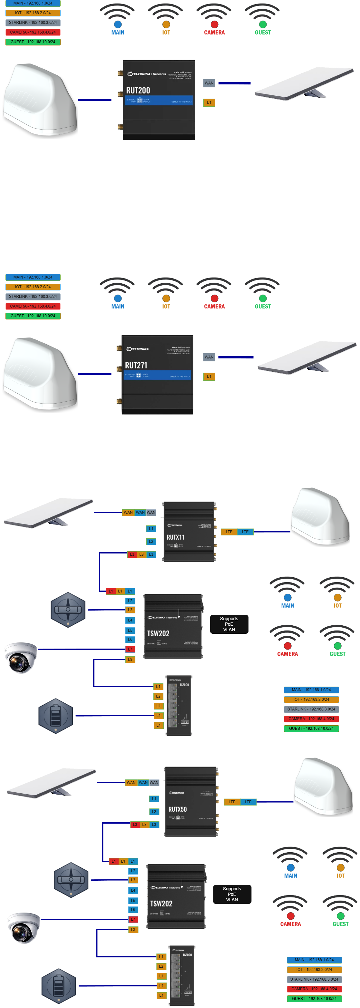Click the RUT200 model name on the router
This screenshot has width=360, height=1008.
(138, 90)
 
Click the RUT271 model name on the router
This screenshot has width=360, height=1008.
(136, 365)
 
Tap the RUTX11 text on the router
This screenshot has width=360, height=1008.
(175, 537)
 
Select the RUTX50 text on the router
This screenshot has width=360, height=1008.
(177, 809)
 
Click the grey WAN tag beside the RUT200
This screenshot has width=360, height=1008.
(209, 83)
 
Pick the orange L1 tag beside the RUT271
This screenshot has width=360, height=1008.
(209, 377)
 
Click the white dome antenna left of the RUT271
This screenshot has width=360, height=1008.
(40, 374)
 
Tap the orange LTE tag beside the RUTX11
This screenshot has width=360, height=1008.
(229, 532)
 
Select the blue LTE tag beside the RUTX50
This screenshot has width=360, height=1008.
(248, 802)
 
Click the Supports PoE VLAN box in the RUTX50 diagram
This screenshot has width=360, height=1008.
(232, 894)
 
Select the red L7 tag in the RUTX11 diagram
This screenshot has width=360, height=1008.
(130, 649)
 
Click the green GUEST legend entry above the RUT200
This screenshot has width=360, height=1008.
(33, 42)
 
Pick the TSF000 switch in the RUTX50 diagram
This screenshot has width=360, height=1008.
(181, 975)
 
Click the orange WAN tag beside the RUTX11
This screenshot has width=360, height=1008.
(128, 513)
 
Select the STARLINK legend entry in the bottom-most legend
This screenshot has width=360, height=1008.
(314, 979)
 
